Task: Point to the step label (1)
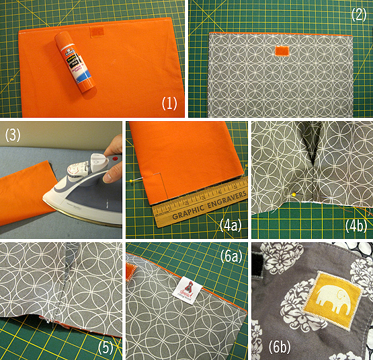coord(168,104)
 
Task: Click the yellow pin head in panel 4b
coord(294,195)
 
